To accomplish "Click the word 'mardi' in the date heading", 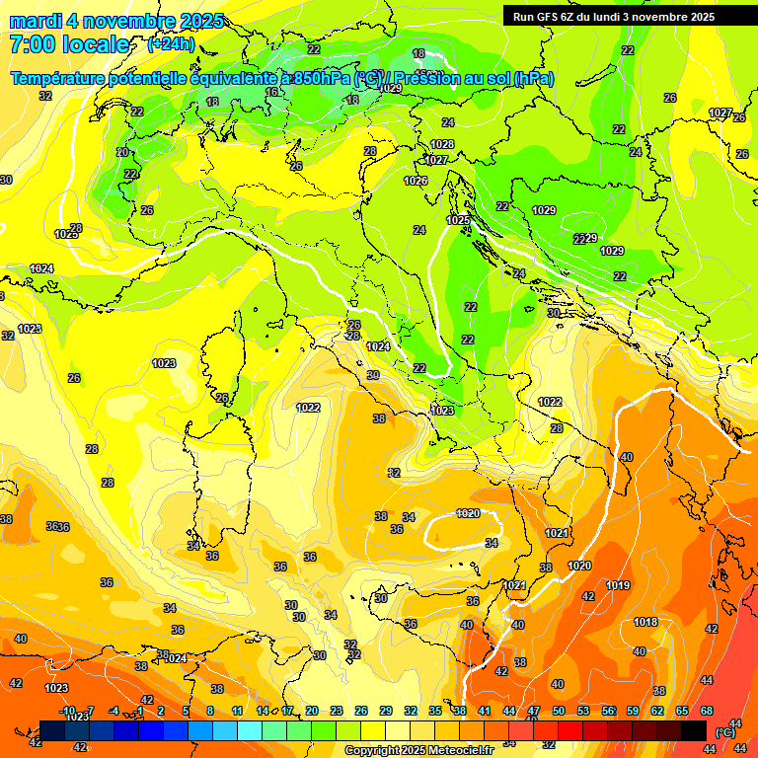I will pos(37,21).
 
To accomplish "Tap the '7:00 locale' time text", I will pos(69,44).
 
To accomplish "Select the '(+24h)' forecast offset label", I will pos(171,44).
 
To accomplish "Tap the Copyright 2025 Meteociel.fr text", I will pos(417,750).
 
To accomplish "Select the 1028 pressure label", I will pos(442,144).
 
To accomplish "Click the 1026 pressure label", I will pos(416,181).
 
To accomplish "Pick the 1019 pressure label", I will pos(618,585).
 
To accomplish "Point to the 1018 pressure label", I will pos(645,622).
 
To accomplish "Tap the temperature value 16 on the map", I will pos(271,92).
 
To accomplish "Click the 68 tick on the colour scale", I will pos(707,711).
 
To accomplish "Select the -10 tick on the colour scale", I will pos(67,711).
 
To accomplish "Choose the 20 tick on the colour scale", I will pos(312,711).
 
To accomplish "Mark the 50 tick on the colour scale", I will pos(559,711).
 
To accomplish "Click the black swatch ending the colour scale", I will pos(693,729).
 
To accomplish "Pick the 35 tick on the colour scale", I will pos(435,711).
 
